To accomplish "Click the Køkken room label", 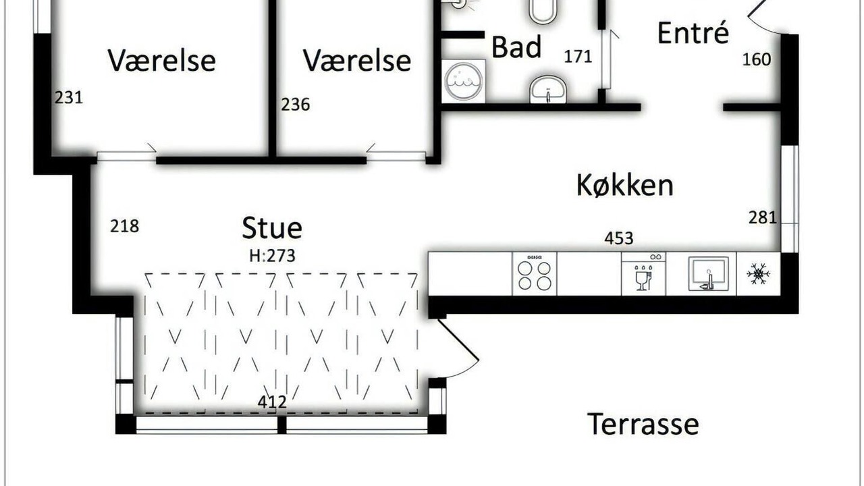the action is click(625, 186).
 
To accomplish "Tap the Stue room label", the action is click(272, 227).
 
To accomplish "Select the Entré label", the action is click(693, 32).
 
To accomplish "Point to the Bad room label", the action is click(516, 47).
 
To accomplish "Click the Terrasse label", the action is click(643, 424).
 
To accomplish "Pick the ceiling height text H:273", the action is click(272, 256).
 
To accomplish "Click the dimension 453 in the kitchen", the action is click(619, 238).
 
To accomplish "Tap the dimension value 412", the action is click(272, 402).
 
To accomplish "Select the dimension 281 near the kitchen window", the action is click(763, 217).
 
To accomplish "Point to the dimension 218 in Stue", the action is click(125, 226).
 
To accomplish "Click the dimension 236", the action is click(296, 105).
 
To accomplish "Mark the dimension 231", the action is click(69, 98).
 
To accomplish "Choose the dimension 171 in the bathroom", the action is click(578, 57).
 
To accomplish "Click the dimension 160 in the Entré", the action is click(757, 59).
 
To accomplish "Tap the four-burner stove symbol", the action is click(535, 274).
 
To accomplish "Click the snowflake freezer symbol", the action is click(758, 274).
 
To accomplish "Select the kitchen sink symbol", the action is click(709, 274).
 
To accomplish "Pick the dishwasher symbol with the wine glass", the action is click(643, 274).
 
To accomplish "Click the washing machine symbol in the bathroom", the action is click(463, 81).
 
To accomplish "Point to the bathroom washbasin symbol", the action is click(548, 90).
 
